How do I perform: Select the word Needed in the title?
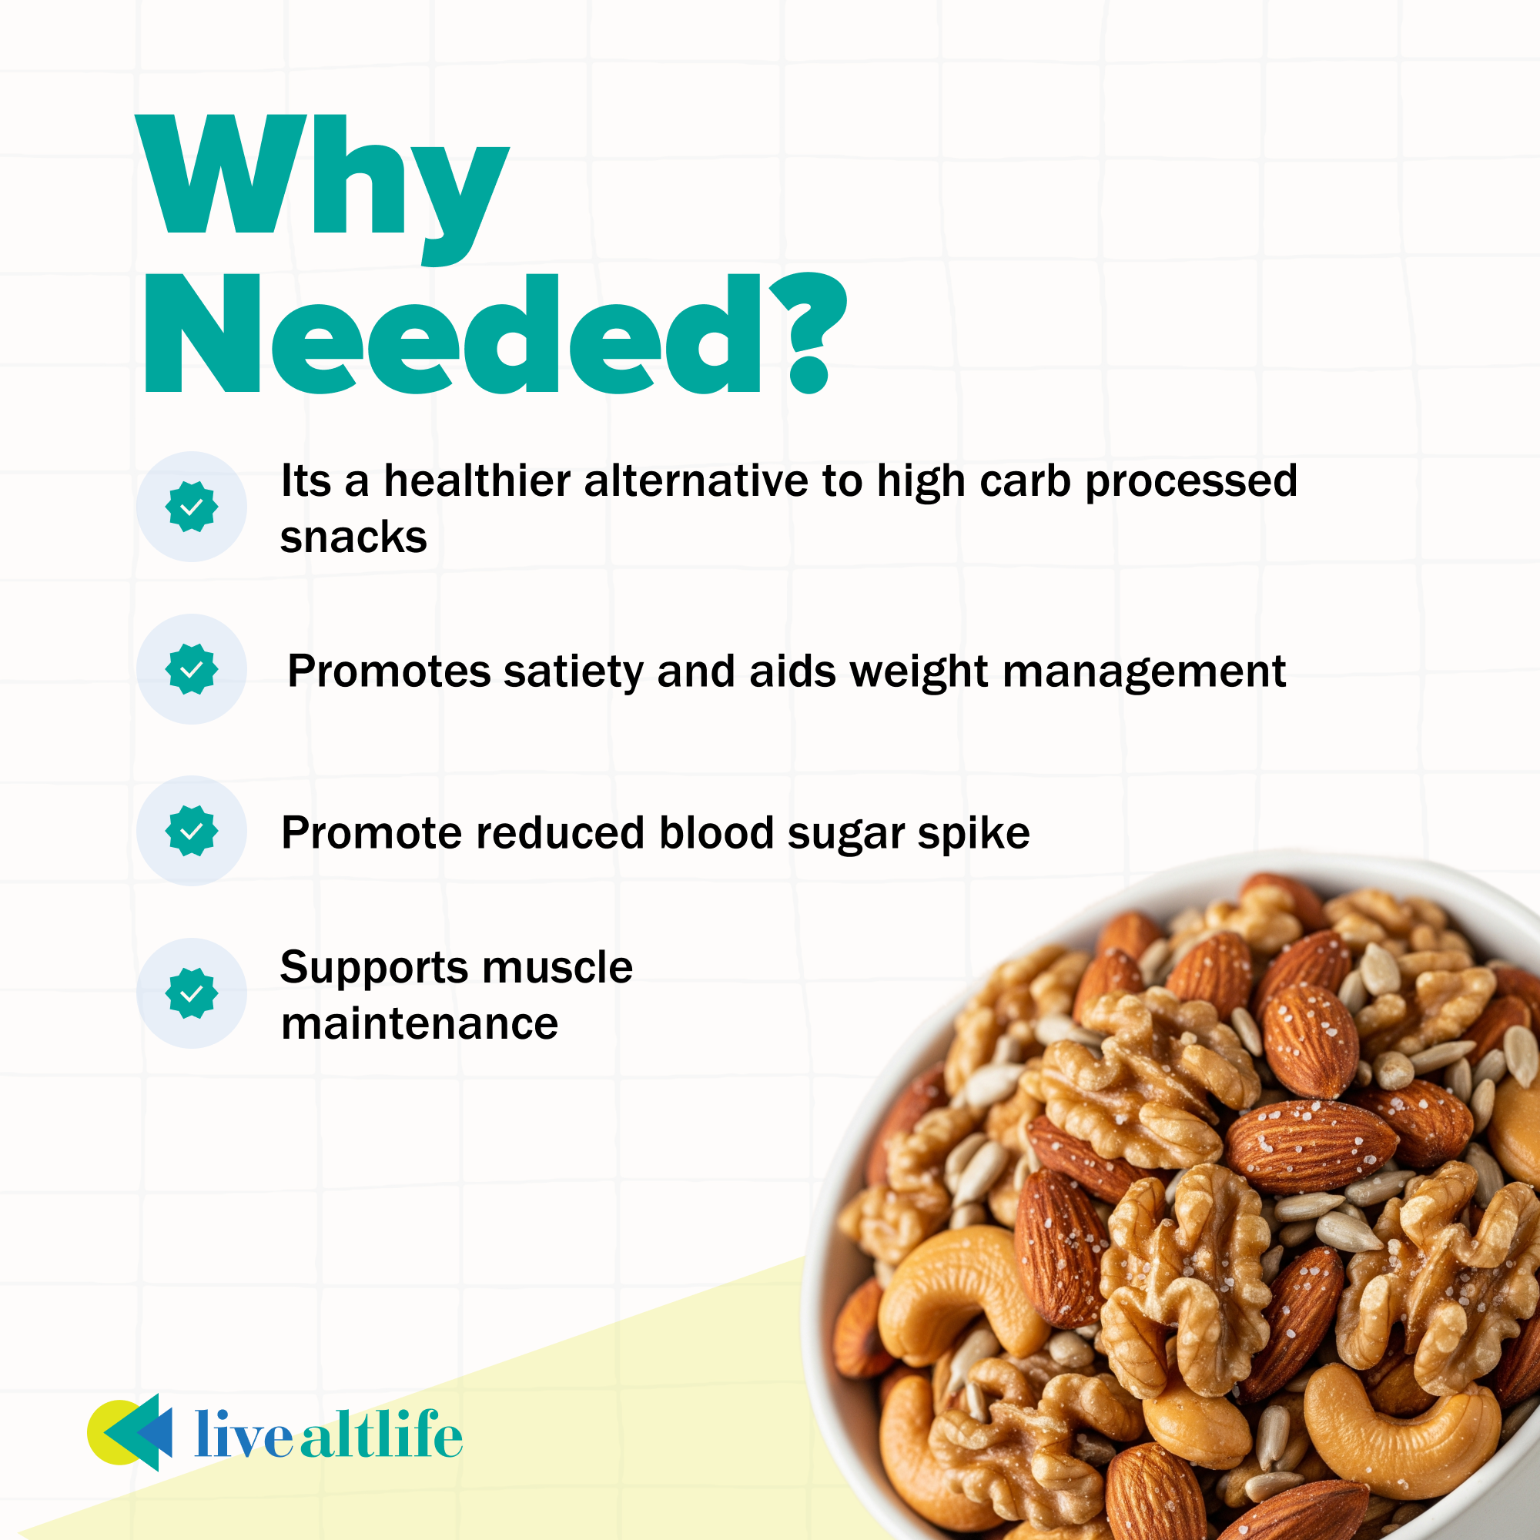coord(454,335)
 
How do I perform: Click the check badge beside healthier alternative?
coord(191,507)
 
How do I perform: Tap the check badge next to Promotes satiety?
coord(191,669)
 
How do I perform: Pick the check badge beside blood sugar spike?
coord(191,831)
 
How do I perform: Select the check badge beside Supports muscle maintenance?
coord(191,993)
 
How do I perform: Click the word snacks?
coord(353,537)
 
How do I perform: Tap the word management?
coord(1144,671)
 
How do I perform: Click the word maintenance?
coord(420,1023)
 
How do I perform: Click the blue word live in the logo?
coord(244,1435)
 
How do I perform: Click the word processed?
coord(1192,481)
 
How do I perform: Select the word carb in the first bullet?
coord(1024,481)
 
